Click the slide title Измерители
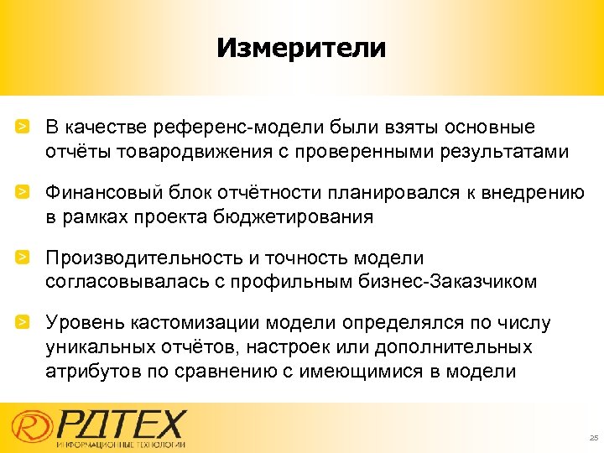click(301, 47)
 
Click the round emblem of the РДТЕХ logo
click(30, 426)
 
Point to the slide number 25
click(592, 438)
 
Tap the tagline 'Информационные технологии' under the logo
click(121, 444)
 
